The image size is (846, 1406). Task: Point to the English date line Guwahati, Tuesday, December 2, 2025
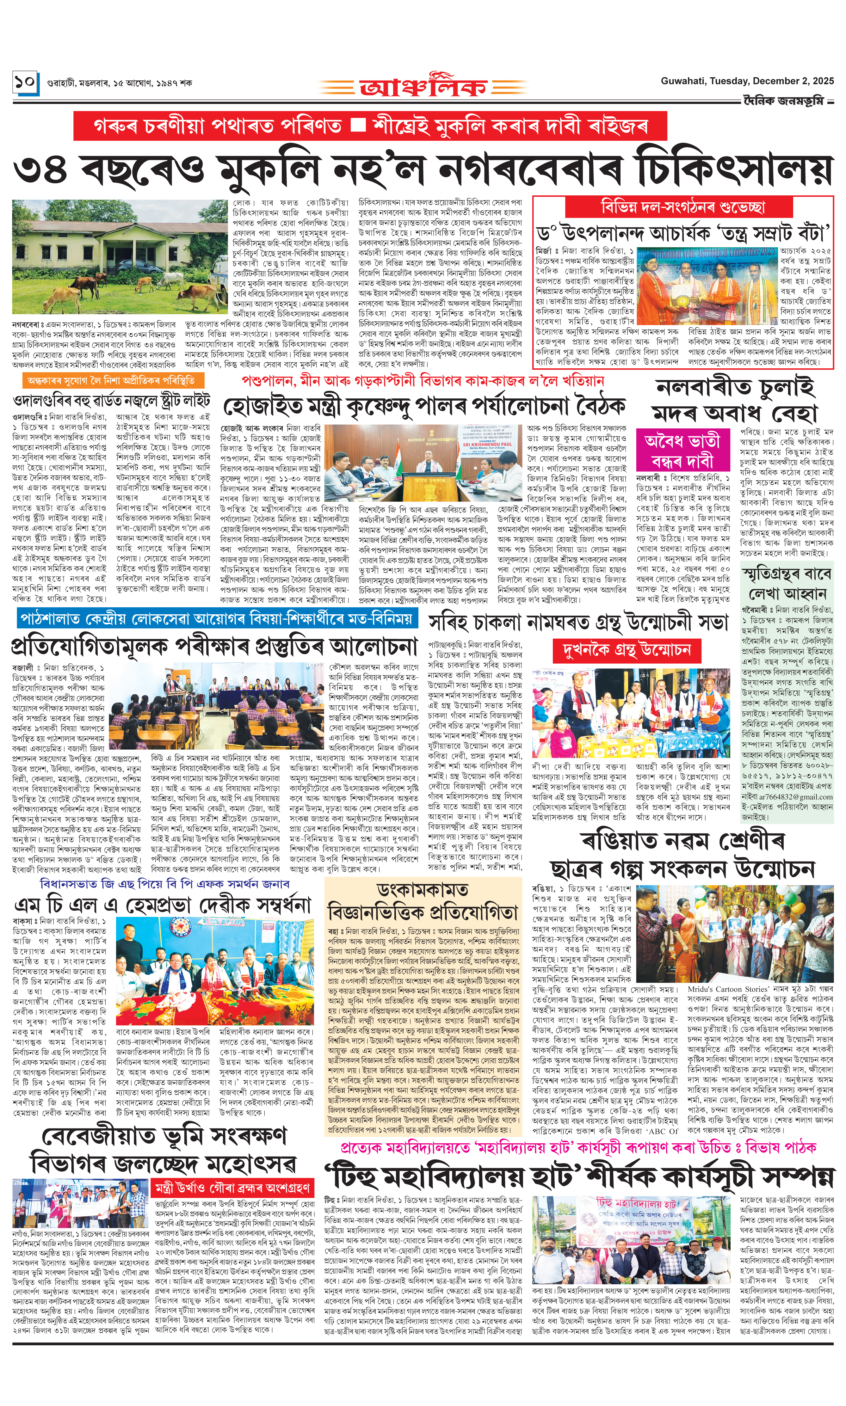[747, 81]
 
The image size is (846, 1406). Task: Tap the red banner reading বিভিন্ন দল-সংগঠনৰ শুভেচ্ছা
[682, 206]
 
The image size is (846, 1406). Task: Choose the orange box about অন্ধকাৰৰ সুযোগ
[111, 380]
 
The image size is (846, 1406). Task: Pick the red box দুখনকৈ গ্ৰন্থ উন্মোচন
[626, 650]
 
